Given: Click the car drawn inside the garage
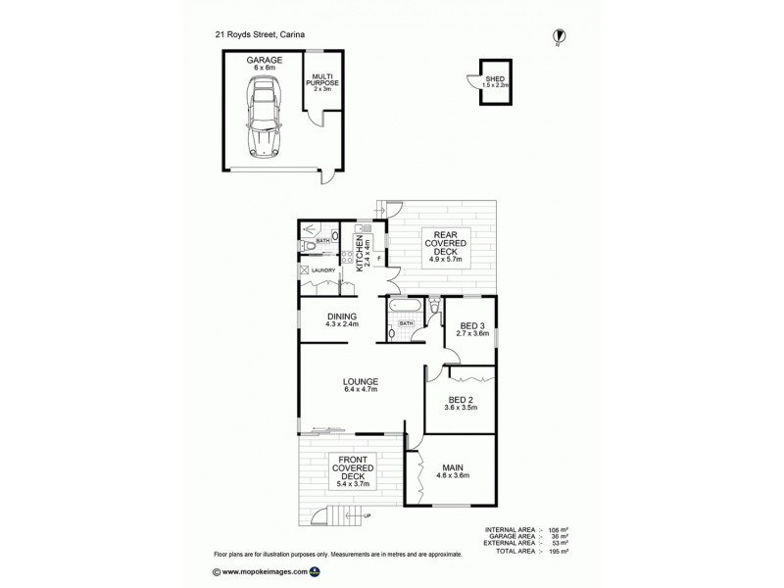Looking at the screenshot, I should (x=264, y=117).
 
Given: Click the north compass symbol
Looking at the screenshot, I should (x=558, y=35).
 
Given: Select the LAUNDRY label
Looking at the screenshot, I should (x=323, y=270).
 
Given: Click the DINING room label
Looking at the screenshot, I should (x=341, y=319).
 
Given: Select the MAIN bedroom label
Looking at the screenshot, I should (x=452, y=471).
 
